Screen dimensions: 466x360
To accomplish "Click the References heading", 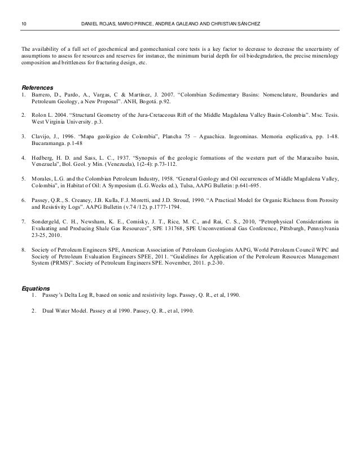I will pyautogui.click(x=37, y=88).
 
